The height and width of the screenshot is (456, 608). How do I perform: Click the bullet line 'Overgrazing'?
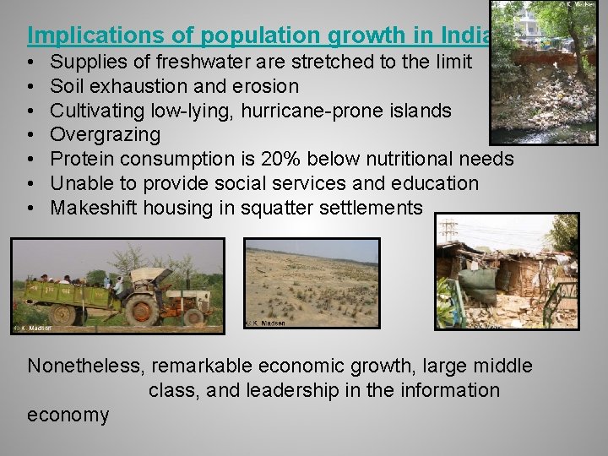(x=105, y=135)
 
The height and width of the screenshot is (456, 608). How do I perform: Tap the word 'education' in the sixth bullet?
(x=435, y=183)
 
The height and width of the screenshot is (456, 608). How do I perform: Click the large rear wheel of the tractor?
(x=142, y=308)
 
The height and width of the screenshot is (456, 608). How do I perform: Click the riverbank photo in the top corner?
(x=544, y=72)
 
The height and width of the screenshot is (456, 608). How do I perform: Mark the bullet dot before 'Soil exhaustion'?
(x=30, y=87)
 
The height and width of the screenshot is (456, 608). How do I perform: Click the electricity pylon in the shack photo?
(x=448, y=228)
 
